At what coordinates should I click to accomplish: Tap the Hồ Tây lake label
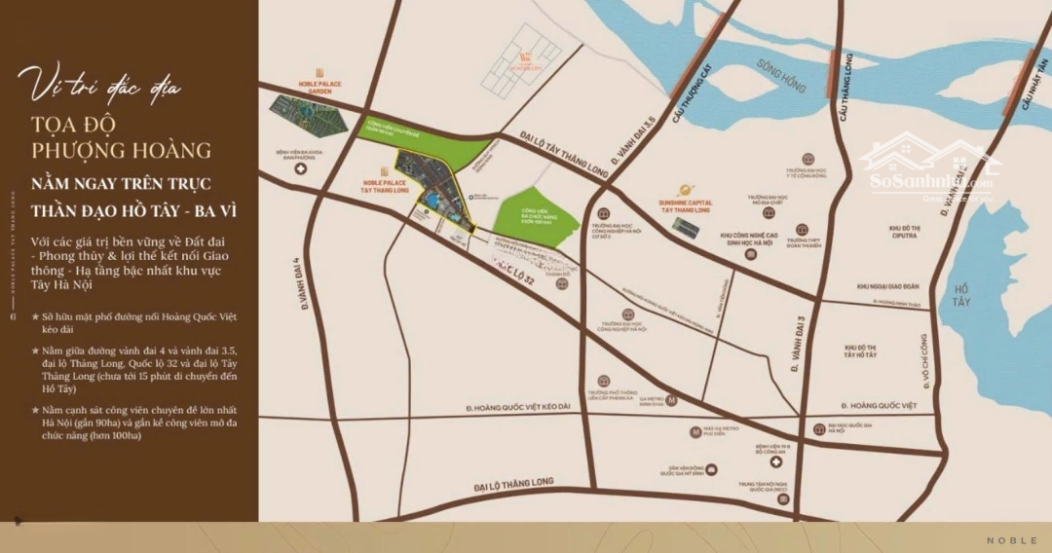963,294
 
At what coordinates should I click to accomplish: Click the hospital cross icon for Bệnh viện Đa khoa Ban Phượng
301,169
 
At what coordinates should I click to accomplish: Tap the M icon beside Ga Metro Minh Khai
671,400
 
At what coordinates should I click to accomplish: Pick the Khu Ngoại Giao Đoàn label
887,286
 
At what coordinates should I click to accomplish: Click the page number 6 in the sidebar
13,316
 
